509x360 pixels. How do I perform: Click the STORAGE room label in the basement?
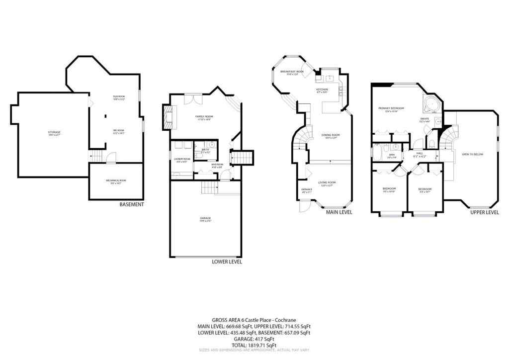[54, 132]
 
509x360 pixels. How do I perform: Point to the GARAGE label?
[205, 218]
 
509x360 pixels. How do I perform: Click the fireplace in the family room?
[168, 117]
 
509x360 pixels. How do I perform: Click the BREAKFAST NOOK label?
[292, 72]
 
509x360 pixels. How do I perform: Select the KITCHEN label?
[323, 90]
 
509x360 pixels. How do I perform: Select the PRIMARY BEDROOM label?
[391, 108]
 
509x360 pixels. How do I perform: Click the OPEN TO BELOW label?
[472, 154]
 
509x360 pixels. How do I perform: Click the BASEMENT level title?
[132, 204]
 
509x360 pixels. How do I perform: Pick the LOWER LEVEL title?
[227, 262]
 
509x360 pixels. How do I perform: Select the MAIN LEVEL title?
[339, 212]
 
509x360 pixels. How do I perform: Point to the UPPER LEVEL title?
[485, 212]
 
